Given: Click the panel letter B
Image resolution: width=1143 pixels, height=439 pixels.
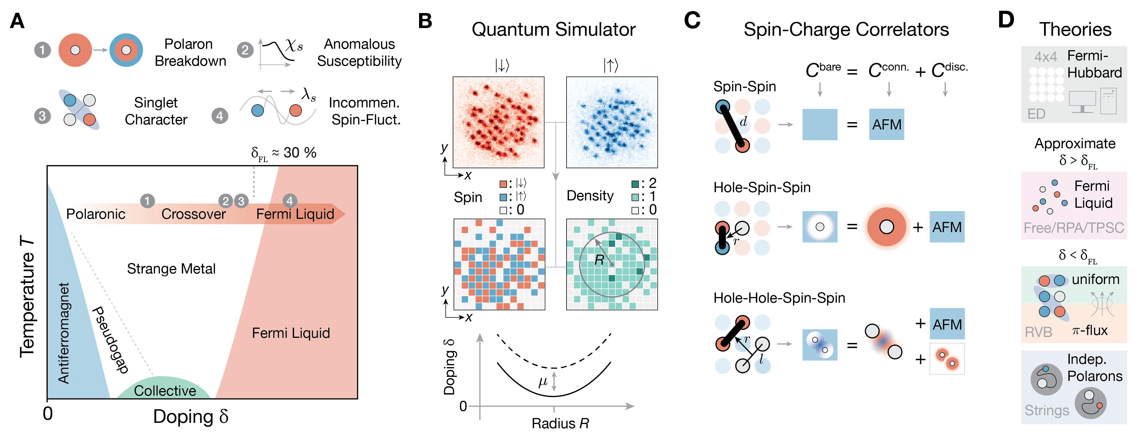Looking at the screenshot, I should pyautogui.click(x=425, y=21).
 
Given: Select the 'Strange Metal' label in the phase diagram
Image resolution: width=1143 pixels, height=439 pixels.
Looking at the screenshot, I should pyautogui.click(x=171, y=269).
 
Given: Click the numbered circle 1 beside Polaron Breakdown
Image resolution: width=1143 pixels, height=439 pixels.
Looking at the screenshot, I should pyautogui.click(x=43, y=50).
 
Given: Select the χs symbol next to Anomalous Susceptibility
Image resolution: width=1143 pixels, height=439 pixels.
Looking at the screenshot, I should pyautogui.click(x=294, y=45).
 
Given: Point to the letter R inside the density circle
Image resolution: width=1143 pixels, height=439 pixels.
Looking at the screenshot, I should pyautogui.click(x=599, y=260).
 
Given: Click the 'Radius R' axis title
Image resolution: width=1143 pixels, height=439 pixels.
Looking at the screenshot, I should pyautogui.click(x=560, y=423).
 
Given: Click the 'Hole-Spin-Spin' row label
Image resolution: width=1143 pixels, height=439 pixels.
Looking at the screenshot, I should pyautogui.click(x=762, y=188).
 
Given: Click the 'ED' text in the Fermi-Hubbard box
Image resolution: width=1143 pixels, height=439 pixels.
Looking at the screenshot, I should pyautogui.click(x=1037, y=114).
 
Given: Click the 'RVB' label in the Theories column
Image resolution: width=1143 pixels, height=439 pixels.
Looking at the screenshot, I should pyautogui.click(x=1038, y=332).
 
